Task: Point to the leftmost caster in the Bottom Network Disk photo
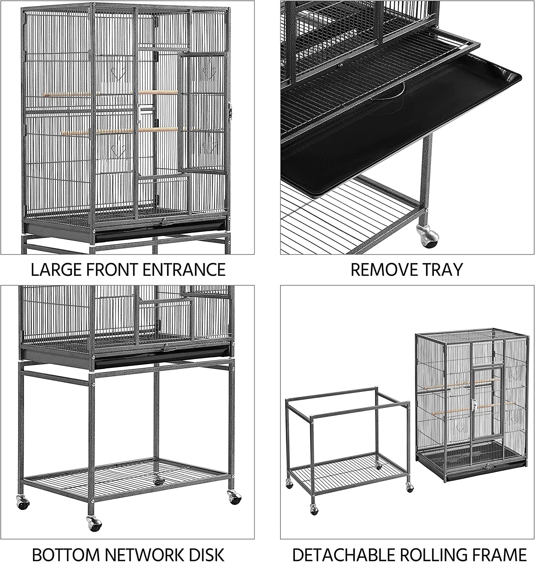[x=22, y=501]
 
